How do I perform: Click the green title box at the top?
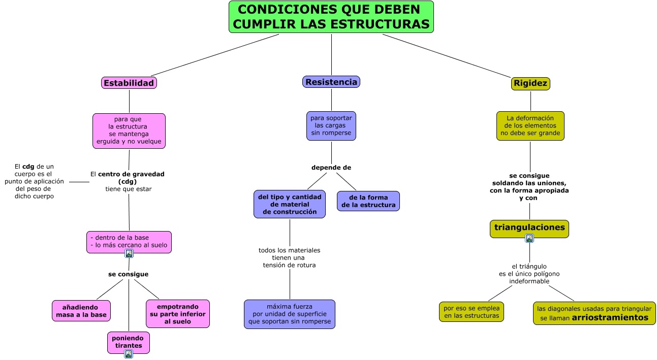[331, 17]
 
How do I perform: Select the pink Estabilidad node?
[129, 83]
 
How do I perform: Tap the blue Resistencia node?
[331, 82]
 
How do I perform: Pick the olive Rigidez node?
[530, 83]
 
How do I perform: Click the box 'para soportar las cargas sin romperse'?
[331, 125]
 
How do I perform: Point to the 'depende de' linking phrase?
[331, 168]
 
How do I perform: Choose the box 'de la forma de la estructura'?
[368, 201]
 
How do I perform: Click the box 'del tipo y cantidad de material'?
[290, 204]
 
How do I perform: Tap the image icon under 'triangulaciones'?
[529, 238]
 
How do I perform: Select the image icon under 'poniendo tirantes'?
[129, 354]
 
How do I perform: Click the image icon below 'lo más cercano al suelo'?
[129, 253]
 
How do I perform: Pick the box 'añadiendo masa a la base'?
[81, 311]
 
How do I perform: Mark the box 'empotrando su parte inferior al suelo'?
[177, 314]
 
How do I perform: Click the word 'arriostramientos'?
[610, 318]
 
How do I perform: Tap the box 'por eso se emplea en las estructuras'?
[471, 312]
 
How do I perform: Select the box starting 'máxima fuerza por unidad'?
[290, 314]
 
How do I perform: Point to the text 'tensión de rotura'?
[289, 265]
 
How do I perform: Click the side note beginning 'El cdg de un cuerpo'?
[35, 181]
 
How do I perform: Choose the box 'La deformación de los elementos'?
[530, 126]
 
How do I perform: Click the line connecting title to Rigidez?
[447, 56]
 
